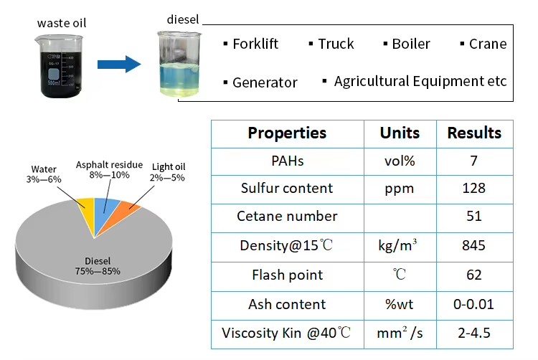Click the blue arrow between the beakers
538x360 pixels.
(x=119, y=64)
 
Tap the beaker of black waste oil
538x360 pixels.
(x=60, y=66)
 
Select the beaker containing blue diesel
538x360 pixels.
(x=179, y=64)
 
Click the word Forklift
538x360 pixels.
(x=255, y=44)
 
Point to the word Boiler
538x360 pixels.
(x=411, y=44)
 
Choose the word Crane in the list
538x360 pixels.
(x=488, y=44)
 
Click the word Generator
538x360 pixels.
(x=265, y=82)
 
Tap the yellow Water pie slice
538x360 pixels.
(x=87, y=213)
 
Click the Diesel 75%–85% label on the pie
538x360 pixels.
(x=98, y=266)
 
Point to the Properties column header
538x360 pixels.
(x=287, y=133)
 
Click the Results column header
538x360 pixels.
(x=474, y=133)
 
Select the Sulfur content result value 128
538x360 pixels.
(x=474, y=188)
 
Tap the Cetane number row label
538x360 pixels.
(x=287, y=217)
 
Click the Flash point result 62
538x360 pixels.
(x=474, y=275)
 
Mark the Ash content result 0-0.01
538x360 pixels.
(x=473, y=305)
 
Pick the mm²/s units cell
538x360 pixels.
(x=400, y=333)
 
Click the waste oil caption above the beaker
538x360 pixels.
(x=62, y=24)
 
